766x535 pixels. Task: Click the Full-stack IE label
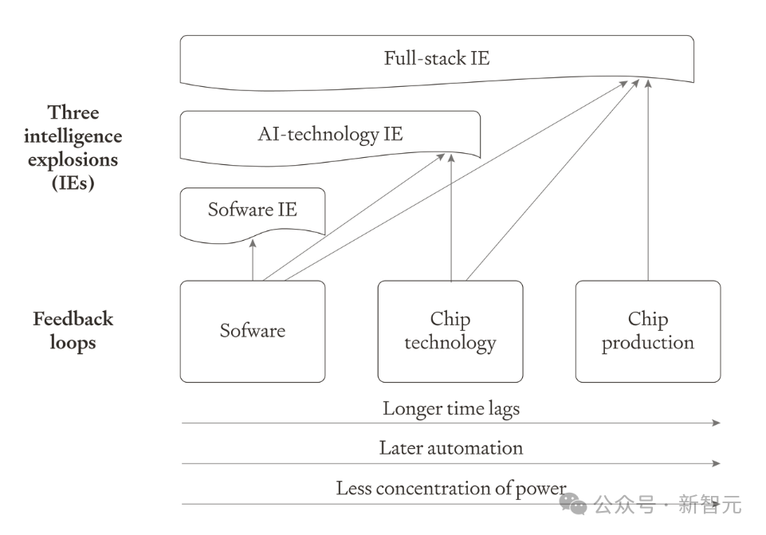point(437,58)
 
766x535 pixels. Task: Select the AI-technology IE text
point(330,135)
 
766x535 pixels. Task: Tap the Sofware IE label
point(253,210)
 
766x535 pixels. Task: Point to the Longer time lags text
point(451,409)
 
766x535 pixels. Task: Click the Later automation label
point(451,448)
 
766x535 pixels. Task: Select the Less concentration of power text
point(451,488)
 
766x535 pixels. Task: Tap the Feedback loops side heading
point(73,331)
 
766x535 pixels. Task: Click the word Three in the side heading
point(73,112)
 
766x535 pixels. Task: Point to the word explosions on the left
point(73,160)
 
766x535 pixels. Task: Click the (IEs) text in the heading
point(73,183)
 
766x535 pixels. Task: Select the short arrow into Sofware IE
point(253,260)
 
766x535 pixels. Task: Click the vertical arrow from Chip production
point(648,180)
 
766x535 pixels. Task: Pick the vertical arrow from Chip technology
point(451,218)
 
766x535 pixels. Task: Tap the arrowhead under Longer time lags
point(716,423)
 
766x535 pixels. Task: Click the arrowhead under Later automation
point(716,463)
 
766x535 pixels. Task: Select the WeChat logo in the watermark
point(573,504)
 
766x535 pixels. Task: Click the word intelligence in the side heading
point(73,136)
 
